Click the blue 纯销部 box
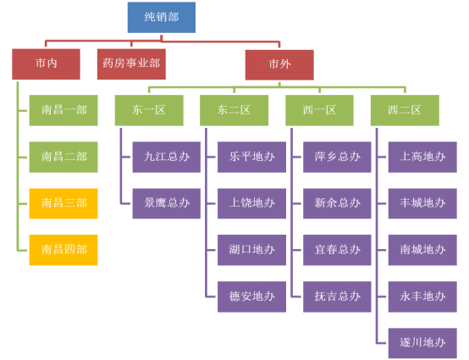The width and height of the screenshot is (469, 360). [162, 17]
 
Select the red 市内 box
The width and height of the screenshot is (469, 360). [46, 64]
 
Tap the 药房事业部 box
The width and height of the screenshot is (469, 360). [131, 64]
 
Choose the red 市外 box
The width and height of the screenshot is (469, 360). [279, 64]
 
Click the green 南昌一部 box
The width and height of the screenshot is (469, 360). [63, 110]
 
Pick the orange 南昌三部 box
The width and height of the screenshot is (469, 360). [63, 203]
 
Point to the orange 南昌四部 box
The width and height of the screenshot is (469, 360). [63, 250]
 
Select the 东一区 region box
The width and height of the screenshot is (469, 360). [149, 110]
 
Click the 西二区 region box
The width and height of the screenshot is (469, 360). [405, 110]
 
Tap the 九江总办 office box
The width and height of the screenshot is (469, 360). [167, 157]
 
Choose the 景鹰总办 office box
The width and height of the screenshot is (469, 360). [167, 203]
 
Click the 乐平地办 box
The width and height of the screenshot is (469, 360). [251, 157]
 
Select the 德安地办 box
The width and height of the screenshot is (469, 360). [251, 296]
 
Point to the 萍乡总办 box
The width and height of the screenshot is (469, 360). [337, 157]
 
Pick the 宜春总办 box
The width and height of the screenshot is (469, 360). [337, 250]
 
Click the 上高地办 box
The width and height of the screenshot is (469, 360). [422, 157]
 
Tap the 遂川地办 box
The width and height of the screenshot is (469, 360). [422, 343]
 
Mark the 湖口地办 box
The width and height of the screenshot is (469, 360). [251, 250]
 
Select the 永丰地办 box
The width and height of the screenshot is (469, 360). [422, 296]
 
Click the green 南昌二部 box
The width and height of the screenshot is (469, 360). [63, 157]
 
